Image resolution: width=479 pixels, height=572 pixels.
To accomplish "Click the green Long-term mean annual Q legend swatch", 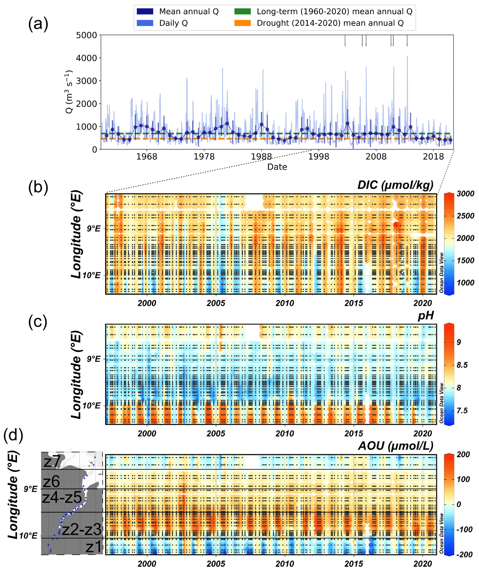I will [x=242, y=11].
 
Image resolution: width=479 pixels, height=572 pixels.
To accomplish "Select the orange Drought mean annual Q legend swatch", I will [x=242, y=23].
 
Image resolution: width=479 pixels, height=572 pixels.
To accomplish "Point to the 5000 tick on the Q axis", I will [x=86, y=35].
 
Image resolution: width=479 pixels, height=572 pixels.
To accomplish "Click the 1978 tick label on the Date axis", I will [x=204, y=157].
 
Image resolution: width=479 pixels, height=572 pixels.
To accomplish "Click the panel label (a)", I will [x=38, y=24].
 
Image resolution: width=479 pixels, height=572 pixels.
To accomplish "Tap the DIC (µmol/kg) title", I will [x=395, y=185].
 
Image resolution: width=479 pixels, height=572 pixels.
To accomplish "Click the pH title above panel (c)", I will [x=426, y=316].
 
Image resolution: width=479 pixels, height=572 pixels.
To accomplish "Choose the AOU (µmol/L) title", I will [x=395, y=446].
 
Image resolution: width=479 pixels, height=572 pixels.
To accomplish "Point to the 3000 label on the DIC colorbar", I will [x=465, y=194].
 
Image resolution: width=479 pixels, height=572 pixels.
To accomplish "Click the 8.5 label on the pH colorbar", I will [x=462, y=365].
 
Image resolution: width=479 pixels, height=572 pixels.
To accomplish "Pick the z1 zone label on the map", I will [x=93, y=547].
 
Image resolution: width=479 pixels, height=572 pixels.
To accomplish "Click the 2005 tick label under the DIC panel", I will [x=216, y=303].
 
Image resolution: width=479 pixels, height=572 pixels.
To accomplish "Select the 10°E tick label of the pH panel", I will [x=91, y=406].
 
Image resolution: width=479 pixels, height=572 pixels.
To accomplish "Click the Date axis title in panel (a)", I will [x=277, y=167].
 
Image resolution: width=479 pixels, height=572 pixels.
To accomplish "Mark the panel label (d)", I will [x=13, y=435].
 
